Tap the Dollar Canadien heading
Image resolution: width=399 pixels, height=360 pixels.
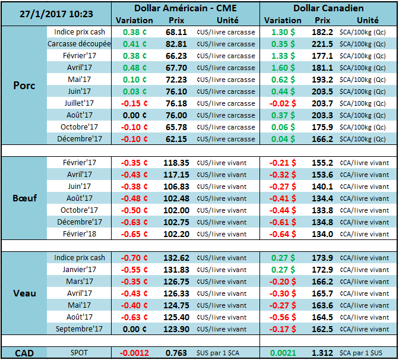coord(328,8)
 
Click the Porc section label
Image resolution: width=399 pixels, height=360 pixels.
coord(24,86)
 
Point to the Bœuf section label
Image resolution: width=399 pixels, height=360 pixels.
coord(25,198)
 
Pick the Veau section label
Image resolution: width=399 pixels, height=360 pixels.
coord(24,293)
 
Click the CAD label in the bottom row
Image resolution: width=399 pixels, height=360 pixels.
coord(24,353)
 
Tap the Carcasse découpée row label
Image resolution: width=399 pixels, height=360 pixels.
coord(78,44)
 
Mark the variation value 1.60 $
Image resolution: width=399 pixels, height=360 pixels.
coord(283,68)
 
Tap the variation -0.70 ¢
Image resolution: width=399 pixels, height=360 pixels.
coord(134,258)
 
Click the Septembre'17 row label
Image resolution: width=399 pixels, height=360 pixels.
coord(78,329)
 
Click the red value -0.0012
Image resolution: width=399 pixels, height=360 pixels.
coord(135,353)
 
